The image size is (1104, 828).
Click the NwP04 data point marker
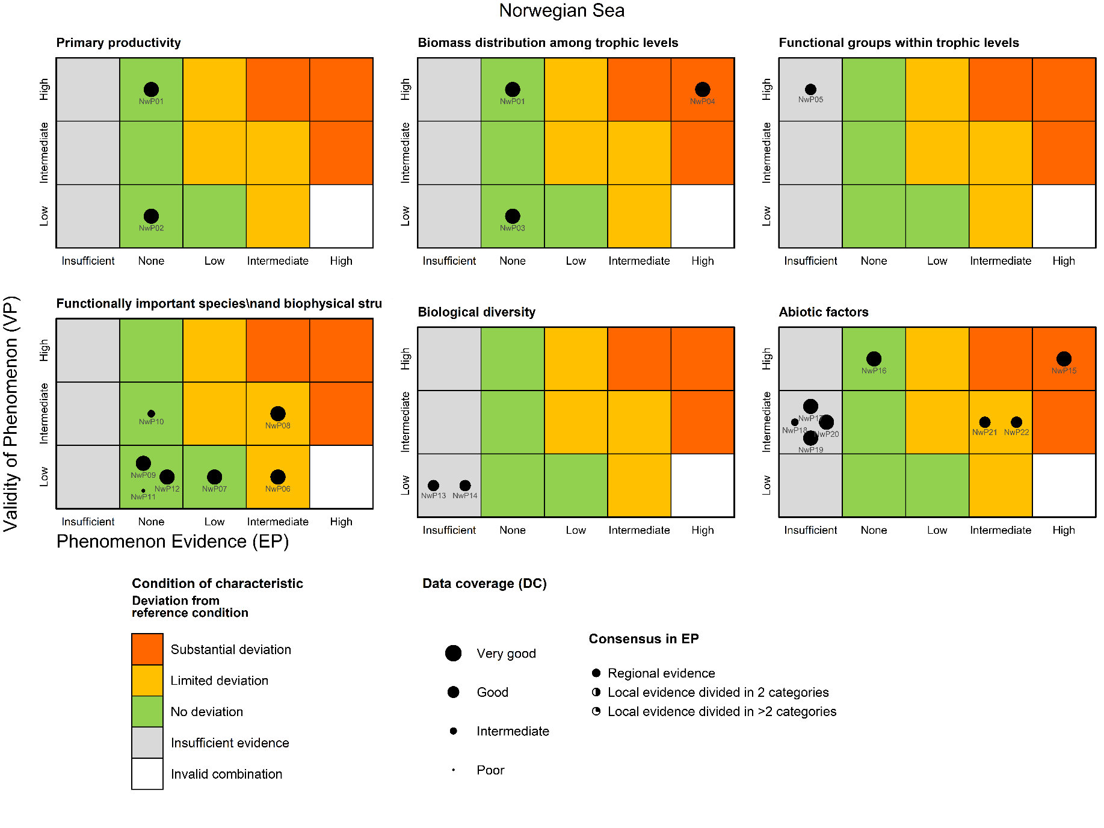702,90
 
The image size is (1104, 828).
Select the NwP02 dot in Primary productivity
151,216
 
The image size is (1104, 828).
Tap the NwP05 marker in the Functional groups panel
810,90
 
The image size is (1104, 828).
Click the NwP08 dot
277,413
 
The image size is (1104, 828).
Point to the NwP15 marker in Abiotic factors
1064,359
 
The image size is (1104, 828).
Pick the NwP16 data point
874,359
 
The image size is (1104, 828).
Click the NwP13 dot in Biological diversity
433,485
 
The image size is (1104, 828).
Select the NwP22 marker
1016,422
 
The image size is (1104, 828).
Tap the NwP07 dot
214,477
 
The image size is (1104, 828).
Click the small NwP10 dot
151,413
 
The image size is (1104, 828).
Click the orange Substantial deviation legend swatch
147,649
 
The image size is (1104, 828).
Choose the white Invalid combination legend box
147,773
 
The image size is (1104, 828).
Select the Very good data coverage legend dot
453,653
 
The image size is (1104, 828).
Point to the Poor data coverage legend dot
453,770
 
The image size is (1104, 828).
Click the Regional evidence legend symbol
596,673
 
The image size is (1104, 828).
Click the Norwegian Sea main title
561,11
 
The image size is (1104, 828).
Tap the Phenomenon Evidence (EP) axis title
173,542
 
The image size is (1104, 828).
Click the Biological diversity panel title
476,312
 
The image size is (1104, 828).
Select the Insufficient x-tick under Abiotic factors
810,530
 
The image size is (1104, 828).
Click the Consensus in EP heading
643,638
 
